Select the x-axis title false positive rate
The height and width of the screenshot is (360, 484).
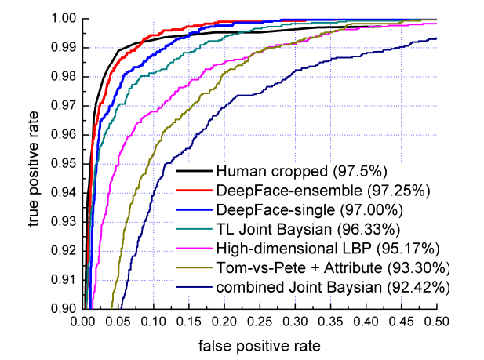(x=260, y=344)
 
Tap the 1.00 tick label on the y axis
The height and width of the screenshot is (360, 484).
(x=66, y=18)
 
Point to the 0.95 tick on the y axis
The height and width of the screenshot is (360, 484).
(x=66, y=163)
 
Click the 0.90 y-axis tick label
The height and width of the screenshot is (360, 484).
(x=66, y=309)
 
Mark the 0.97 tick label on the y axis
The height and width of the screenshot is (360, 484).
(x=66, y=105)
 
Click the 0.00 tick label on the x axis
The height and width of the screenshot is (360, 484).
(x=83, y=322)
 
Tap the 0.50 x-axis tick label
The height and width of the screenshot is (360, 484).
(x=436, y=322)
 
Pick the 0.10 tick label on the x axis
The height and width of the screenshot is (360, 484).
(x=154, y=322)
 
